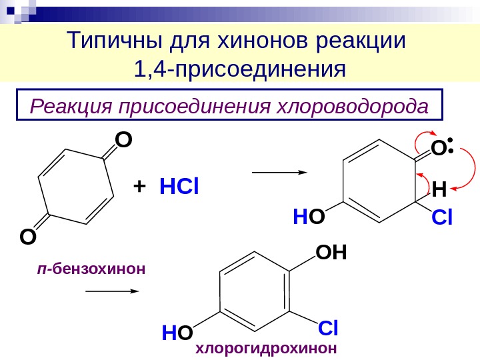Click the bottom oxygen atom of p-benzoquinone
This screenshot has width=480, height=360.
[x=28, y=236]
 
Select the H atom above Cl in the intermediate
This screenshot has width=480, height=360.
[x=438, y=191]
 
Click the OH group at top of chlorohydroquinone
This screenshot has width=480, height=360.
[x=332, y=253]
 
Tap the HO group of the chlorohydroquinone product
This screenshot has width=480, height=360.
[x=177, y=332]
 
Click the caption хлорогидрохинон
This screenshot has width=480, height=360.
[x=266, y=348]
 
